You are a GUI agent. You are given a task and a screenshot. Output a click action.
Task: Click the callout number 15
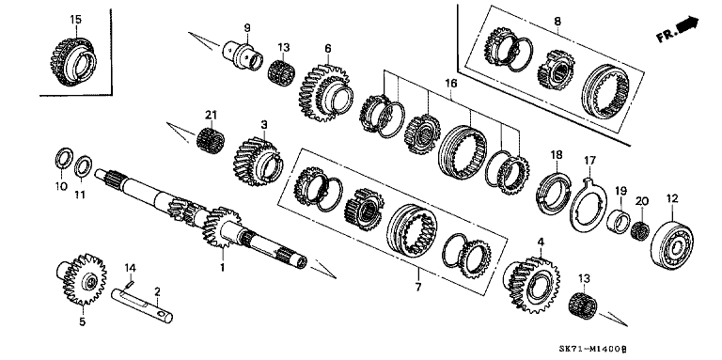tap(76, 19)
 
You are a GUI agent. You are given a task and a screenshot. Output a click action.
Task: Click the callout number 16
tap(451, 83)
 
